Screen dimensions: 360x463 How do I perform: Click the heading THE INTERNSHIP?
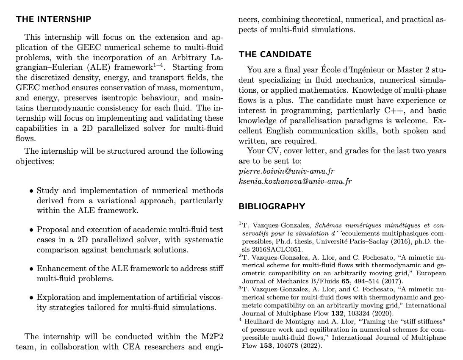click(53, 19)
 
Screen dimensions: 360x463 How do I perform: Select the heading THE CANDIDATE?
click(275, 55)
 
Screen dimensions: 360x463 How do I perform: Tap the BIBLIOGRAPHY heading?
click(272, 207)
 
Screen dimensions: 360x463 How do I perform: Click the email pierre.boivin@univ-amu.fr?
click(286, 171)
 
